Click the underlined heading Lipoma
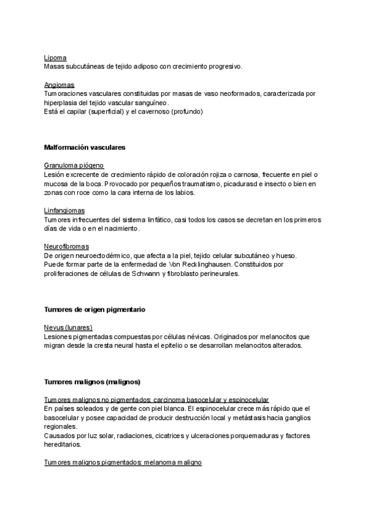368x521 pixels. click(55, 57)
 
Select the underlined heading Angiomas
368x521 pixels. click(59, 85)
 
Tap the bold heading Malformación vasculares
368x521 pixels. click(85, 147)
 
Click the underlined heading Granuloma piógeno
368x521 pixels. click(74, 166)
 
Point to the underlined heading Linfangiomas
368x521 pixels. click(64, 211)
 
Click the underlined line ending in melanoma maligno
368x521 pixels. click(123, 462)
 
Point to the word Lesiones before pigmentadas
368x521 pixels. click(59, 337)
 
